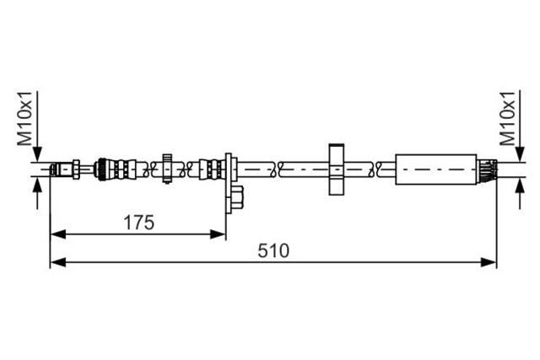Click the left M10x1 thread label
(x=25, y=118)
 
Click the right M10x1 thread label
(x=508, y=118)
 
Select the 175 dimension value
(x=138, y=223)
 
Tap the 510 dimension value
(x=273, y=250)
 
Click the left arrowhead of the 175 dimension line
(x=58, y=234)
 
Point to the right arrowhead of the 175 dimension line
(x=218, y=234)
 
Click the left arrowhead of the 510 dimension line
(x=58, y=262)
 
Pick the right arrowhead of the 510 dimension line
(x=489, y=262)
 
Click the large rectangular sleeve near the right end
(x=436, y=169)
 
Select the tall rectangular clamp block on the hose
(x=336, y=169)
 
